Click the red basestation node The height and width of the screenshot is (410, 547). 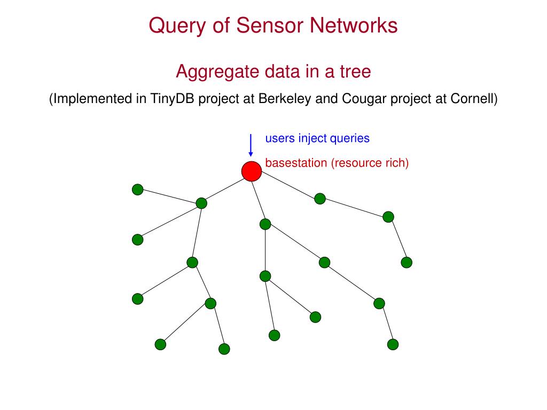251,171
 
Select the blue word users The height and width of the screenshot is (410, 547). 280,138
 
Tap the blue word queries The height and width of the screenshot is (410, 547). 349,138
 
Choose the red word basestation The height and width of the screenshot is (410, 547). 296,163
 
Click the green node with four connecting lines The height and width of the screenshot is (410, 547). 201,203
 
